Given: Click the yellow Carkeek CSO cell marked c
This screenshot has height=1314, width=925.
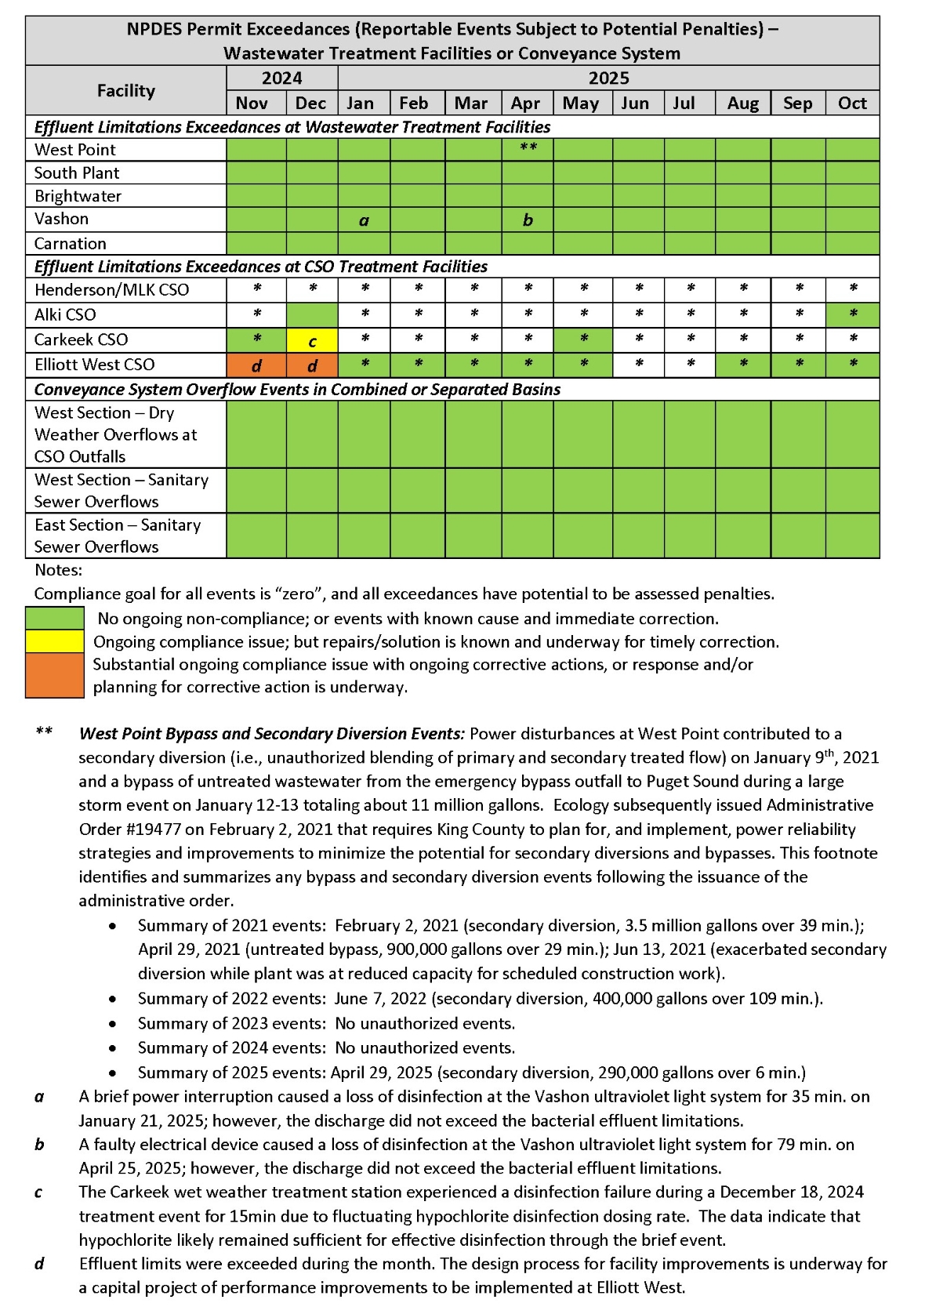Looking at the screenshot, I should tap(312, 340).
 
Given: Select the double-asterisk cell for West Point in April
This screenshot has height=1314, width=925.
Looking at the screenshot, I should tap(528, 149).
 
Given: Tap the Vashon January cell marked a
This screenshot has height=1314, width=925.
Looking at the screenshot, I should tap(364, 220).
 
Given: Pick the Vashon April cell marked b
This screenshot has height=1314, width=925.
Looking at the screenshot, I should tap(528, 220).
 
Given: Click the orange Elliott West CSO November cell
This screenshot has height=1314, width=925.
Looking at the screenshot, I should tap(256, 365).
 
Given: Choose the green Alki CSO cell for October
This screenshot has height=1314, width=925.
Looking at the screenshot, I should tap(852, 314).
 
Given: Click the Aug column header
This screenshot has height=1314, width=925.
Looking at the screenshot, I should tap(742, 103).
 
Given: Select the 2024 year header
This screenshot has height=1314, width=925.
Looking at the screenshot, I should tap(282, 78).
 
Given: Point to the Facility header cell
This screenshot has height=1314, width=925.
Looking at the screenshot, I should tap(125, 90).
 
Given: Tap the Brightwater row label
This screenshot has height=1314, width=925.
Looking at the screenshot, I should tap(78, 196).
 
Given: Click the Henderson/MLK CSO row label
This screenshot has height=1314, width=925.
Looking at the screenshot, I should tap(112, 290).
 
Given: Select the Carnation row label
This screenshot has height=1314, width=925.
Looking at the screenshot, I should tap(71, 243).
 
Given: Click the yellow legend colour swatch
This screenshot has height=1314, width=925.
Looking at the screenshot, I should tap(55, 641).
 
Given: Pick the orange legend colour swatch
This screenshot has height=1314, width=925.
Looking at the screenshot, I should tap(55, 675).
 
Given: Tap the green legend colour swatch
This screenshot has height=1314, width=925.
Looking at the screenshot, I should tap(55, 618).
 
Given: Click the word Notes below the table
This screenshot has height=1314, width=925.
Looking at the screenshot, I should tap(58, 570).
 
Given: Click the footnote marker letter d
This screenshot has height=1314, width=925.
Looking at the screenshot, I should tap(39, 1263).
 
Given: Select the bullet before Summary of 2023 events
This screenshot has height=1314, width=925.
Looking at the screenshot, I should tap(114, 1024).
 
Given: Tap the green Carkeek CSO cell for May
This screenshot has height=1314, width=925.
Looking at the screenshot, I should tap(583, 339).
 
